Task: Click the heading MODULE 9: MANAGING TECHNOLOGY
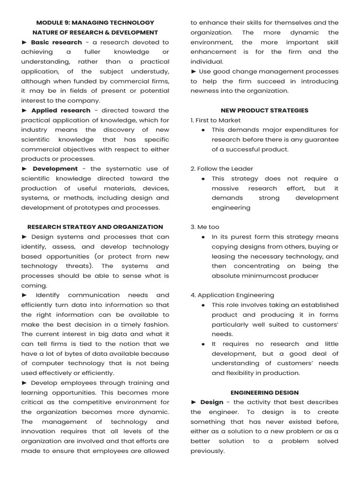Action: tap(95, 22)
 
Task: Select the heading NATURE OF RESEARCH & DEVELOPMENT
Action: tap(95, 32)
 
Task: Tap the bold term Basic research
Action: tap(50, 42)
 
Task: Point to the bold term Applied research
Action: tap(60, 111)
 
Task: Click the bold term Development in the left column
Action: tap(55, 169)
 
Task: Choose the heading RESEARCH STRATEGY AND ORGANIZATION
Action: tap(95, 227)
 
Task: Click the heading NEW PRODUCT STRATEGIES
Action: tap(264, 111)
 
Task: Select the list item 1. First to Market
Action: tap(212, 120)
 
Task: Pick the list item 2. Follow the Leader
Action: tap(215, 169)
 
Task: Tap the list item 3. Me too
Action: tap(205, 227)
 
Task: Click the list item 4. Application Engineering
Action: tap(232, 295)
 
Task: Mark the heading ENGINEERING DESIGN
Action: tap(264, 392)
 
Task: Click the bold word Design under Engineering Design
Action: tap(211, 402)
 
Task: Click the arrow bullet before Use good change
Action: tap(194, 72)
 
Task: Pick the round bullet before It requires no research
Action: tap(203, 344)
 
